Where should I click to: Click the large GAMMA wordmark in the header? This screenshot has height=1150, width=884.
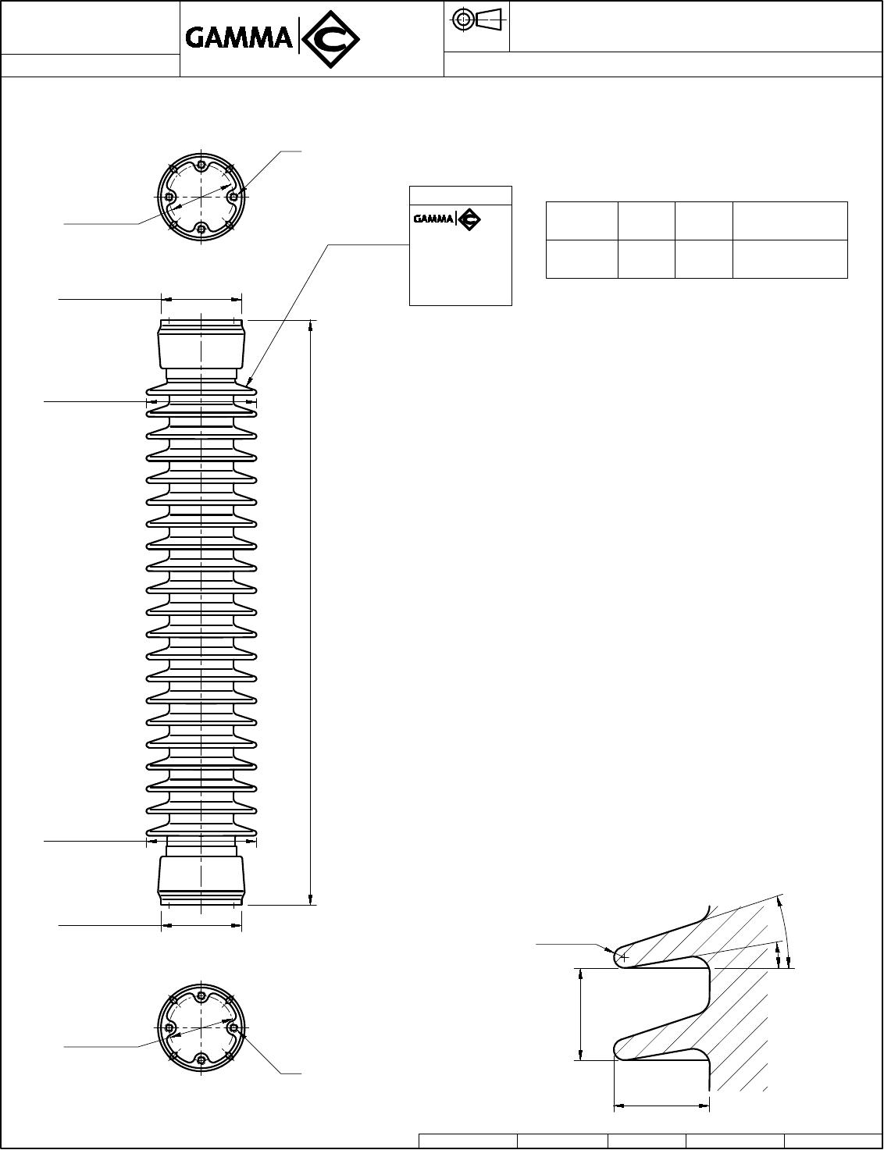tap(239, 37)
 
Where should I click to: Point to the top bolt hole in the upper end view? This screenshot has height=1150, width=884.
tap(201, 165)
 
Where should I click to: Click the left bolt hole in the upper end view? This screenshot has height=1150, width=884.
tap(169, 197)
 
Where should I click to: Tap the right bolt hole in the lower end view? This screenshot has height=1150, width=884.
tap(233, 1027)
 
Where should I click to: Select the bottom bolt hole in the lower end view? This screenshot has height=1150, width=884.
tap(201, 1059)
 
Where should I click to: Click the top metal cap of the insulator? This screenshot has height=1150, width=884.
tap(201, 344)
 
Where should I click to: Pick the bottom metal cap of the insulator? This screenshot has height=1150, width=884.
tap(201, 880)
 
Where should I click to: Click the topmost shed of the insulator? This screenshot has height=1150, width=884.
tap(201, 387)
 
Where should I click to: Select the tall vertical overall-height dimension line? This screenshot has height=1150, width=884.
tap(311, 613)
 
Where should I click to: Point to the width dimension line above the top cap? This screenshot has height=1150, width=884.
tap(201, 297)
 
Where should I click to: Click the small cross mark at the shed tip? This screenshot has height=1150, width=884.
tap(623, 956)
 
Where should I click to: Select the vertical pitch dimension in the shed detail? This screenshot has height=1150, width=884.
tap(581, 1014)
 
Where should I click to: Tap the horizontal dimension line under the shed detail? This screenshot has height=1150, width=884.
tap(661, 1105)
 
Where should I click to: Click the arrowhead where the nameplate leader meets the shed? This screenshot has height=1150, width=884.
tap(250, 383)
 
